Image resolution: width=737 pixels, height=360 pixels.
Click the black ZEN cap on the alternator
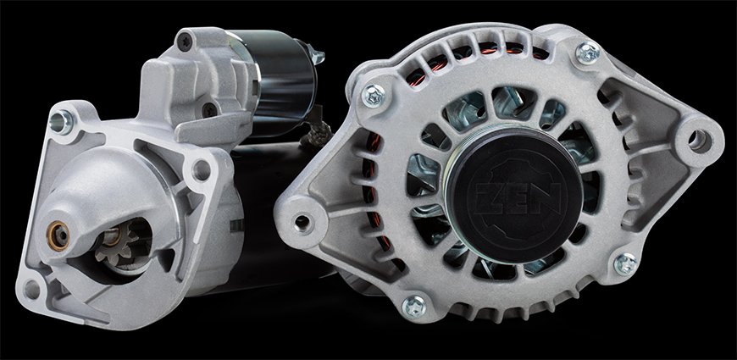click(513, 194)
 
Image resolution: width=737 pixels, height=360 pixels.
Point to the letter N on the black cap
click(546, 197)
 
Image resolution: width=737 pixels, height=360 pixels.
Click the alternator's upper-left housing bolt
click(374, 96)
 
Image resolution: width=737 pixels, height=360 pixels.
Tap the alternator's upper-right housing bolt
click(588, 53)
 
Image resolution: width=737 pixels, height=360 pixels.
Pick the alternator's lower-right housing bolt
click(626, 263)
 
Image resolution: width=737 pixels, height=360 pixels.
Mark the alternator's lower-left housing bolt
click(413, 307)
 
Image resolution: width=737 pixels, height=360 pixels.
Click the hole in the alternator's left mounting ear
click(302, 222)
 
